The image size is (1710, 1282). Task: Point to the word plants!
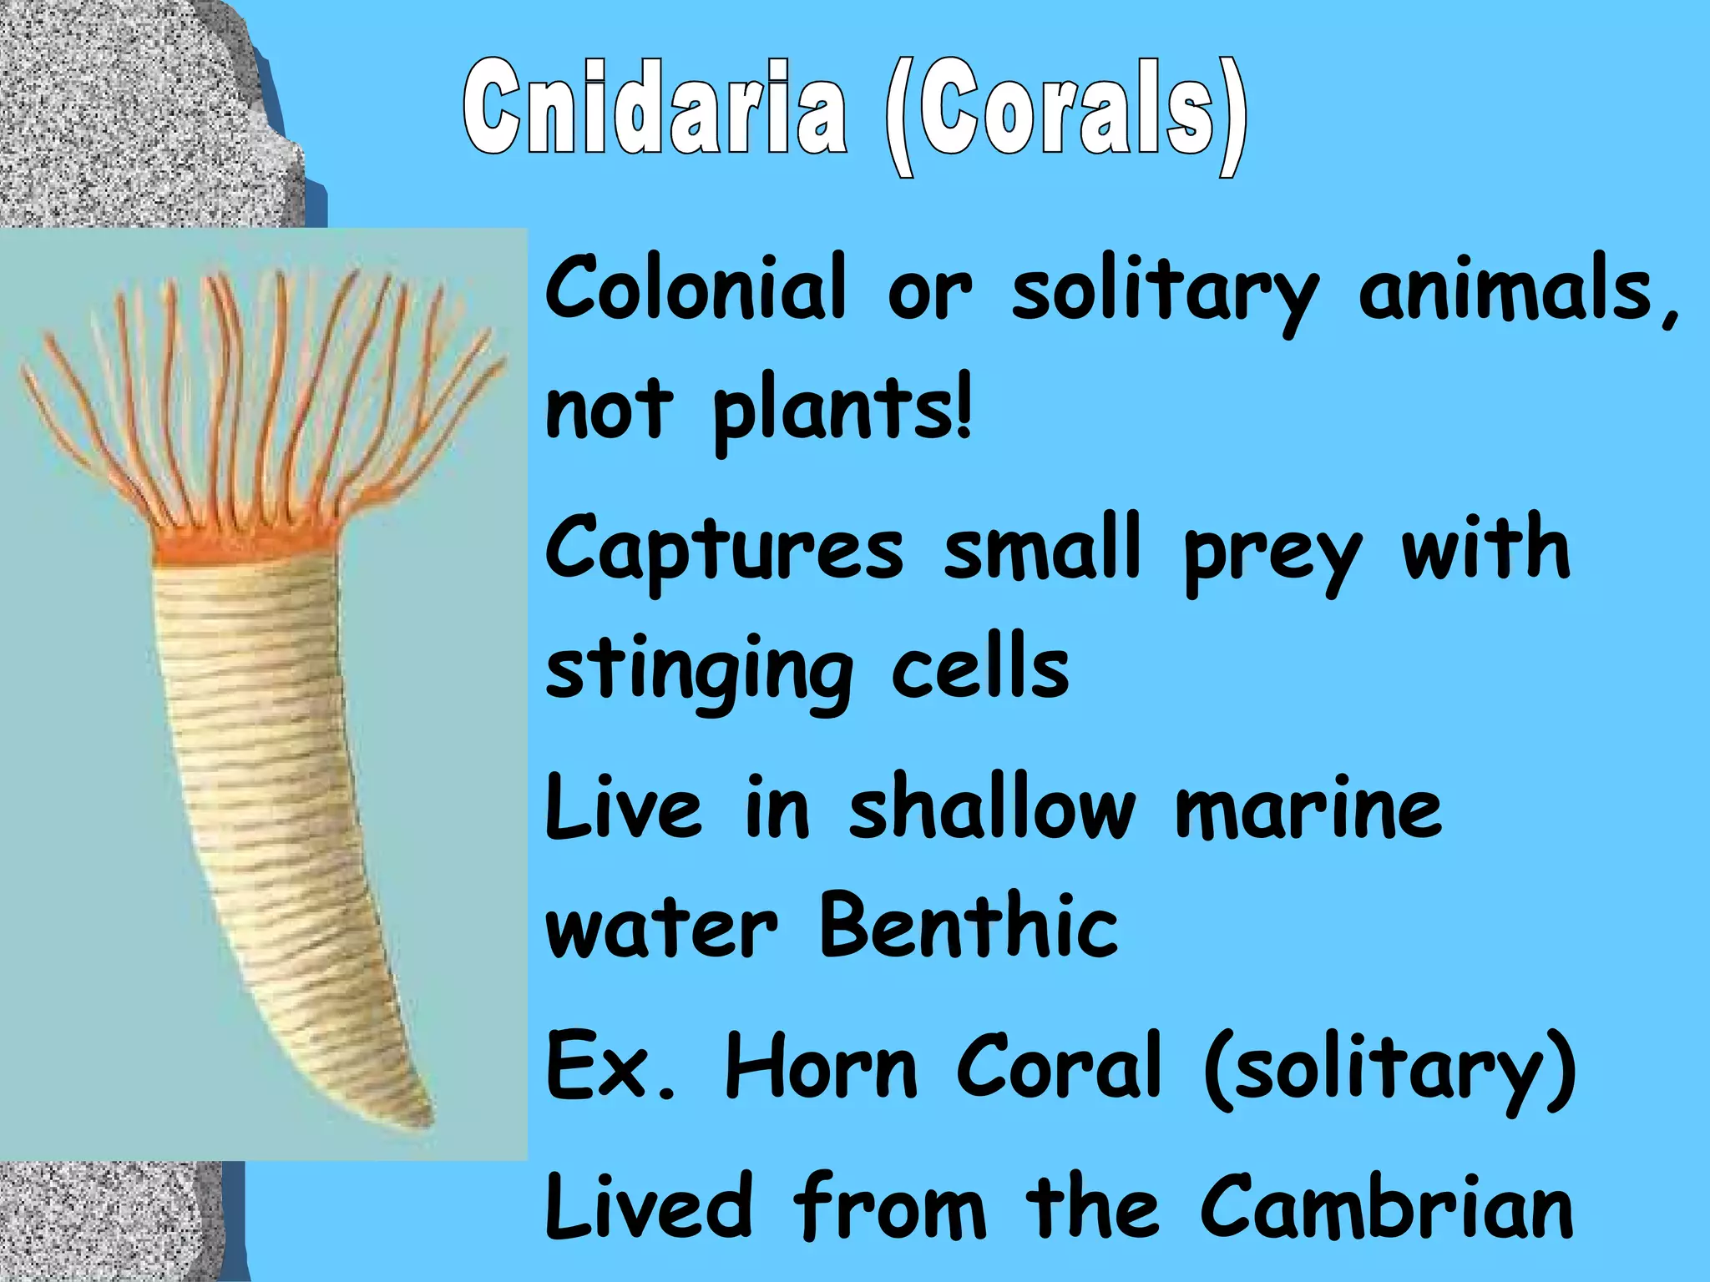tap(842, 411)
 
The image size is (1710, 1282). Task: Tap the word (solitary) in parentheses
tap(1390, 1068)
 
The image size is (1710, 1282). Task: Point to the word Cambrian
tap(1387, 1208)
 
